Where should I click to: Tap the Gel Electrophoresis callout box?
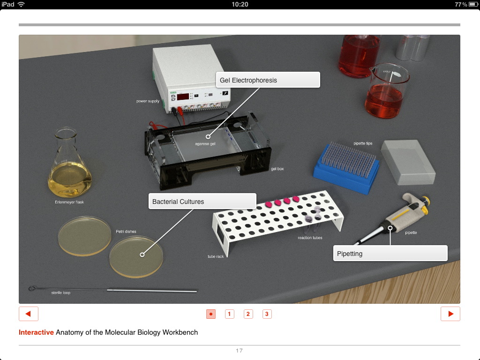coord(268,80)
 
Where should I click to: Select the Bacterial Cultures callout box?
coord(202,202)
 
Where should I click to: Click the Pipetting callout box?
coord(390,253)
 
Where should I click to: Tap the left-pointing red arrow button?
coord(29,314)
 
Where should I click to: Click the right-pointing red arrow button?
coord(450,314)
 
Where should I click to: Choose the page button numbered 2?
coord(248,314)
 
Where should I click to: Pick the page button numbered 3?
coord(267,314)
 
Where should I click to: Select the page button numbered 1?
coord(229,314)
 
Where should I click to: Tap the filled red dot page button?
coord(211,314)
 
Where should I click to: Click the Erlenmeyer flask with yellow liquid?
coord(69,165)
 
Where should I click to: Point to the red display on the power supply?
coord(183,97)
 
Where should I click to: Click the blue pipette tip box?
coord(346,168)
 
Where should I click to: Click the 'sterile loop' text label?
coord(60,292)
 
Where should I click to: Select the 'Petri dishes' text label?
coord(126,232)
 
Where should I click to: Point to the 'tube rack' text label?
coord(216,256)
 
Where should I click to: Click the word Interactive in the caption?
coord(36,332)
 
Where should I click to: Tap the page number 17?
coord(239,351)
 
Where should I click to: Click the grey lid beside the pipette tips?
coord(408,162)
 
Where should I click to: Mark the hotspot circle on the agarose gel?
coord(208,136)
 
